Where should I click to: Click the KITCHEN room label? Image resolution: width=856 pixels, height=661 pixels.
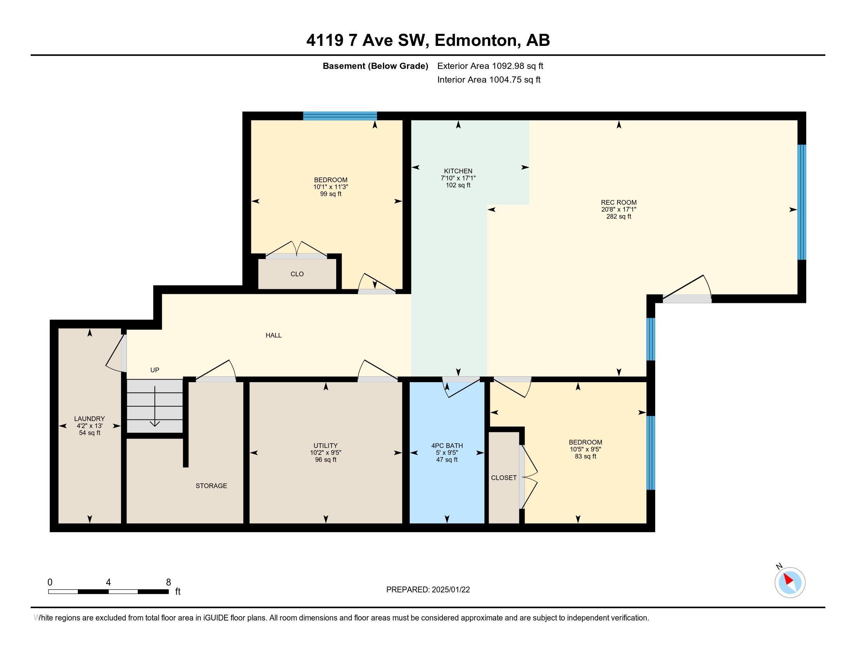458,171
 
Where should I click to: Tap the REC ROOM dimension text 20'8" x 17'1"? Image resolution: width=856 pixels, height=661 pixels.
619,210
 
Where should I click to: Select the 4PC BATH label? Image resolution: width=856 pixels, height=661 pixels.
447,446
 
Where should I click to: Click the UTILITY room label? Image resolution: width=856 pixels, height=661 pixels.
325,446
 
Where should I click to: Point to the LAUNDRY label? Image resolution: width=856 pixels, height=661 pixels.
89,419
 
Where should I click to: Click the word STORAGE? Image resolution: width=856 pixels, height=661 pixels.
211,486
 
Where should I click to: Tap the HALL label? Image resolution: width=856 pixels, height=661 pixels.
274,335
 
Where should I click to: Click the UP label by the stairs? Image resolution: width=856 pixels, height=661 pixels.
155,370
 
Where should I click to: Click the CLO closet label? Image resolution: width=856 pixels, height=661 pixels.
297,274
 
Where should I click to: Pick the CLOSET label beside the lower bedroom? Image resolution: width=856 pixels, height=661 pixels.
503,478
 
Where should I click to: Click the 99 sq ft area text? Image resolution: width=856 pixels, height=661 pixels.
330,194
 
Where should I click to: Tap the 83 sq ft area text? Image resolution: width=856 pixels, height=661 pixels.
585,456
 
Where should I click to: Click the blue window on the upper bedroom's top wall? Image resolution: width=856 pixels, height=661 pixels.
340,115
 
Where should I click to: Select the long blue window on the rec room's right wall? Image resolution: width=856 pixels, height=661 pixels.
802,202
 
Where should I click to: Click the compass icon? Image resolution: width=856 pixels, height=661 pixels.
790,582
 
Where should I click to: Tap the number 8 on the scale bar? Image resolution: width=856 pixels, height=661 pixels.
168,582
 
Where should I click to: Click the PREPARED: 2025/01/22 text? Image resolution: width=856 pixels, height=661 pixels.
428,590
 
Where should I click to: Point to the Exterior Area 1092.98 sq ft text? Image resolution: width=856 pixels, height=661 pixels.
490,66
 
